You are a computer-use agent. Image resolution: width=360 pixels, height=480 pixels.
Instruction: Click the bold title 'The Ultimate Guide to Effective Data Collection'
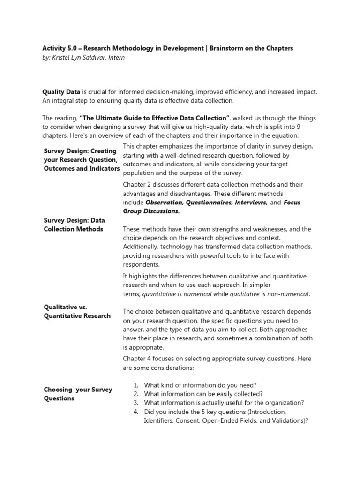[x=155, y=118]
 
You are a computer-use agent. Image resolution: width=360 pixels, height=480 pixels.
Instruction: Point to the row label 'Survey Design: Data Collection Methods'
[x=74, y=225]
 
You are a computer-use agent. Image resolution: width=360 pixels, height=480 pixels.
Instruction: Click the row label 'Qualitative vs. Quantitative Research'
[x=77, y=311]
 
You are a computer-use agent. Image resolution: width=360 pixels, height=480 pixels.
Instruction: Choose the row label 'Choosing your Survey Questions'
[x=78, y=394]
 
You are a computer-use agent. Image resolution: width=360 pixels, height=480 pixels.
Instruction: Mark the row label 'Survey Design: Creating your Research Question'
[x=80, y=160]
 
